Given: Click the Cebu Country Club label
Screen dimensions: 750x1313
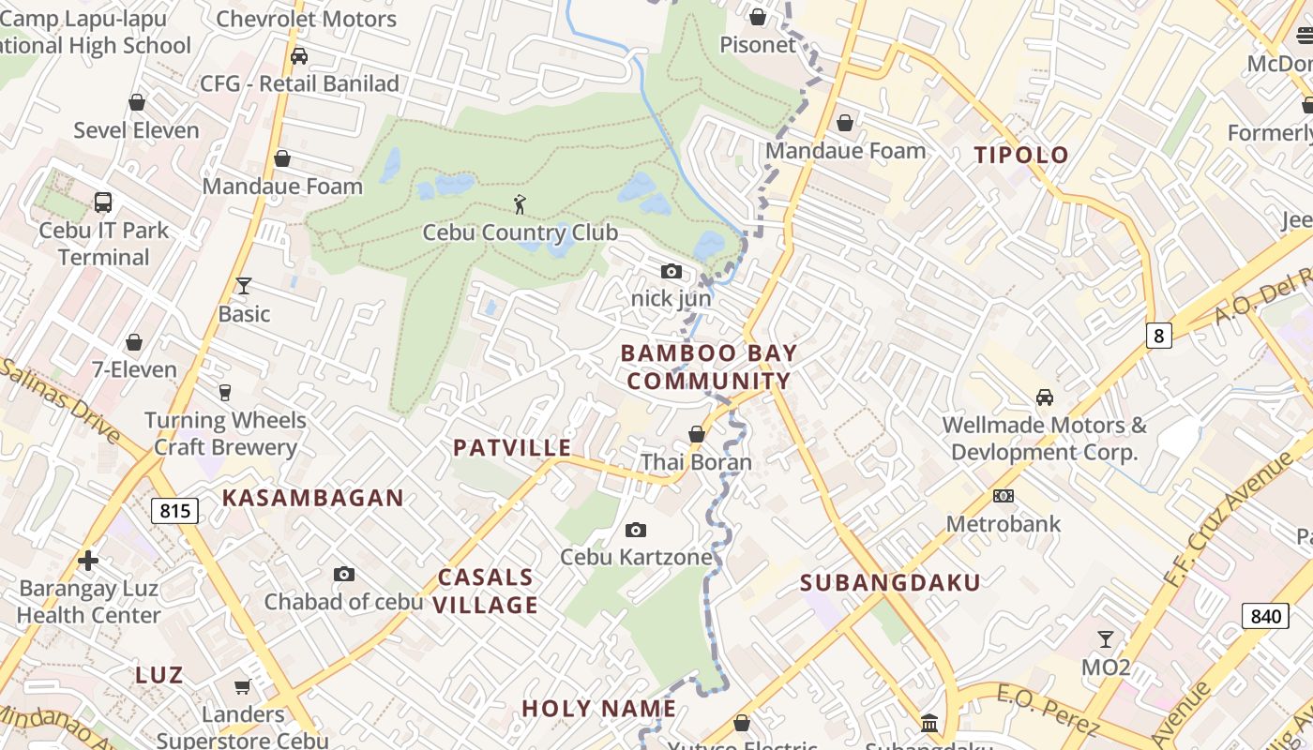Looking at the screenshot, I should [x=520, y=232].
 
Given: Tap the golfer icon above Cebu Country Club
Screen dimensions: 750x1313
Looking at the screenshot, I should [x=520, y=203].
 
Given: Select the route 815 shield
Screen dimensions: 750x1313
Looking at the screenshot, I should [x=174, y=511].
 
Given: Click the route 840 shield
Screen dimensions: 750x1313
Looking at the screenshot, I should [x=1265, y=616].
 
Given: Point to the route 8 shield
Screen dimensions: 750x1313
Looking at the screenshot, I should [x=1159, y=335].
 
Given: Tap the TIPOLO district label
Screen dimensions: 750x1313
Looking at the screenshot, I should [x=1021, y=155].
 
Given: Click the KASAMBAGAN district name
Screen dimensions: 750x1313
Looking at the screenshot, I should [x=312, y=498].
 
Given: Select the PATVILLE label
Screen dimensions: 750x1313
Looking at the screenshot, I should [x=512, y=447].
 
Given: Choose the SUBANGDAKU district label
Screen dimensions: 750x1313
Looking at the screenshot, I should [x=890, y=582].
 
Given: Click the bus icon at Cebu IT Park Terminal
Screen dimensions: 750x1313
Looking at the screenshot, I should [x=103, y=202].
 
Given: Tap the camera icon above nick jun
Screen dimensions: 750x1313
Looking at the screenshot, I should [x=671, y=272].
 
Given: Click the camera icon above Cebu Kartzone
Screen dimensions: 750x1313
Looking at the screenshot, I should [x=636, y=531].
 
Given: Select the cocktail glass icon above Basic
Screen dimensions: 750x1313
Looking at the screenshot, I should [x=244, y=286].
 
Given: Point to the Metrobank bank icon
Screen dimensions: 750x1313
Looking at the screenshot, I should [x=1004, y=496].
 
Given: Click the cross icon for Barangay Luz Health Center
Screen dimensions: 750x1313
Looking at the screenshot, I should [x=88, y=561].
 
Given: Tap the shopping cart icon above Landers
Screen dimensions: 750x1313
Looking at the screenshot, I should [x=242, y=687].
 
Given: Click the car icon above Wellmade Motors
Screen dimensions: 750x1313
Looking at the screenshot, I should [x=1044, y=397].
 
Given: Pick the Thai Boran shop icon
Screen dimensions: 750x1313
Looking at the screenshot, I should [x=696, y=434].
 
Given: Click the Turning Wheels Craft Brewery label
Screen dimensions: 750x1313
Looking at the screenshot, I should [x=225, y=433].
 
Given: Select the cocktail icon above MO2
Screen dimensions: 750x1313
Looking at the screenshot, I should [x=1106, y=639].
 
